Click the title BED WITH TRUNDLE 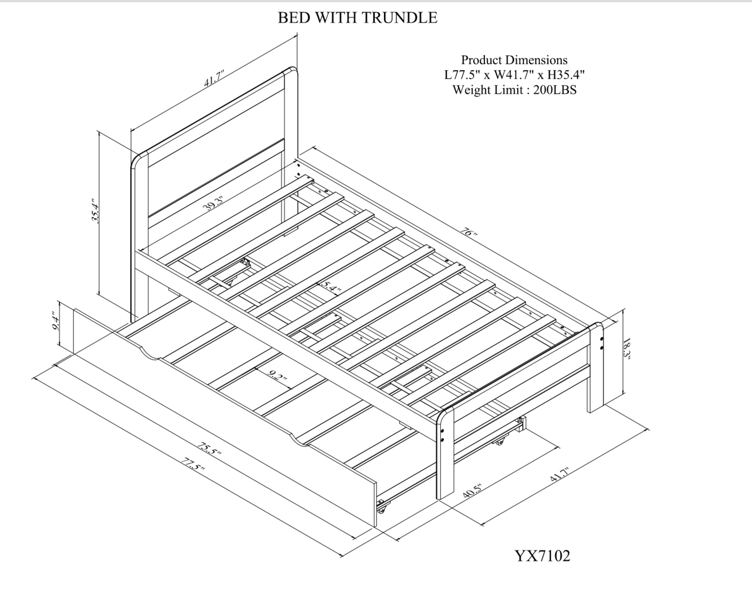coord(357,18)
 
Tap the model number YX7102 coord(542,555)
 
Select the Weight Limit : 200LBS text coord(514,90)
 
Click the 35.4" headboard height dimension coord(95,211)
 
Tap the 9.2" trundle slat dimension coord(277,377)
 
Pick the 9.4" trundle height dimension coord(56,322)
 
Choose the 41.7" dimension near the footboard coord(560,474)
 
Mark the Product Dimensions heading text coord(514,60)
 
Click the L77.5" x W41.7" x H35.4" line coord(514,75)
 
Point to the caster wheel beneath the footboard coord(499,441)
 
